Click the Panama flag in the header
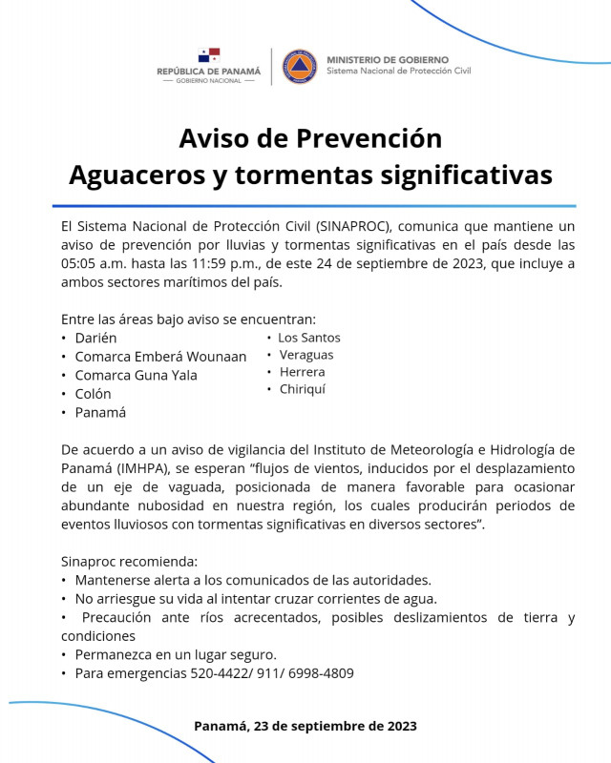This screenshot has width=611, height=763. pyautogui.click(x=209, y=55)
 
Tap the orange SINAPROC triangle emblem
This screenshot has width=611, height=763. pyautogui.click(x=300, y=66)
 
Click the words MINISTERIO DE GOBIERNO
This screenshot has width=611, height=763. pyautogui.click(x=387, y=59)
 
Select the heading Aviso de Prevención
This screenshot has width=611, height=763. pyautogui.click(x=310, y=138)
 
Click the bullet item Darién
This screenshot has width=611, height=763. pyautogui.click(x=95, y=338)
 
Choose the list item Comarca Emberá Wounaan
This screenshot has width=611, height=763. pyautogui.click(x=160, y=357)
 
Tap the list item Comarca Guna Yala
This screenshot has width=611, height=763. pyautogui.click(x=136, y=375)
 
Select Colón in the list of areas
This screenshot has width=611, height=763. pyautogui.click(x=93, y=394)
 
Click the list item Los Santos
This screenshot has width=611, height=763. pyautogui.click(x=308, y=338)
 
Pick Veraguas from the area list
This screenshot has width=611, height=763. pyautogui.click(x=305, y=355)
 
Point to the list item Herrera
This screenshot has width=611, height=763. pyautogui.click(x=301, y=372)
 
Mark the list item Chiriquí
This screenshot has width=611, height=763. pyautogui.click(x=302, y=389)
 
